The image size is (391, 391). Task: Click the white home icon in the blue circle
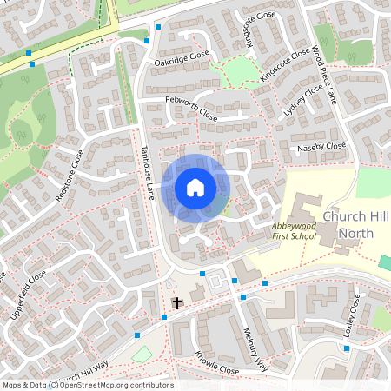pyautogui.click(x=195, y=188)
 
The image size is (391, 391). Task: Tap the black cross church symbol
pyautogui.click(x=177, y=302)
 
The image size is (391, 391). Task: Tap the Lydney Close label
pyautogui.click(x=303, y=103)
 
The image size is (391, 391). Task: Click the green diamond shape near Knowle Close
pyautogui.click(x=142, y=355)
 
